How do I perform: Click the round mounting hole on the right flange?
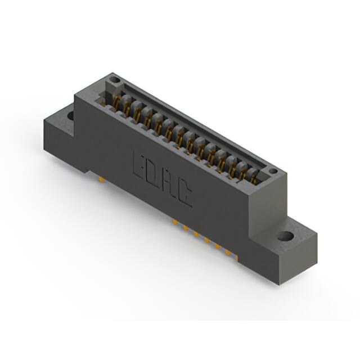[286, 236]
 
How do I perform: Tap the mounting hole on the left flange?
[71, 116]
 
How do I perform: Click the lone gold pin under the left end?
[100, 180]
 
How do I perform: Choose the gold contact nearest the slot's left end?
[119, 102]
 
